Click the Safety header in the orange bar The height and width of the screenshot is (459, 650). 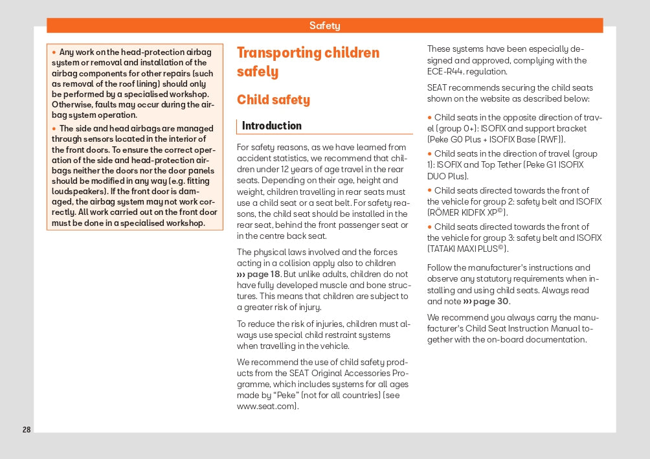[324, 26]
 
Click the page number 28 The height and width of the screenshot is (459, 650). [27, 430]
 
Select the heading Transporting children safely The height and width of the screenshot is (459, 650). [308, 62]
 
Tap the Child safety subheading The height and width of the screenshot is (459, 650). [273, 100]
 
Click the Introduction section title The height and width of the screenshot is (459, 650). [272, 126]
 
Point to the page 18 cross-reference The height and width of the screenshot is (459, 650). [259, 274]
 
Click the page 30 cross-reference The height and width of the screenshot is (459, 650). [487, 302]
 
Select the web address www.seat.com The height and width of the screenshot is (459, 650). [267, 407]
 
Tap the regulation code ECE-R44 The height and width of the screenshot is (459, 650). [445, 72]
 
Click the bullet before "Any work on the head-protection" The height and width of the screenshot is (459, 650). [54, 52]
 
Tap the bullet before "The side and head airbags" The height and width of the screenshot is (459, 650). [54, 129]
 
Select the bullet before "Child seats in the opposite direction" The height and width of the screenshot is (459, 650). [429, 118]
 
